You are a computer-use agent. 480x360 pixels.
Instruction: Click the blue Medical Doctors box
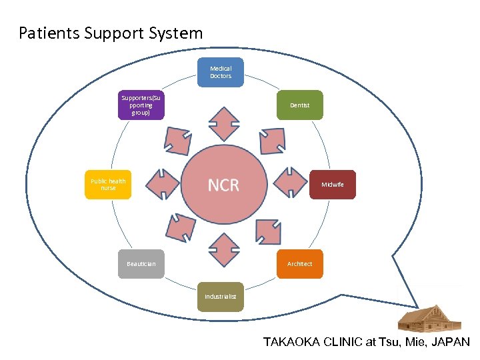(221, 72)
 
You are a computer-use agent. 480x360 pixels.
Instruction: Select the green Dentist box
(299, 105)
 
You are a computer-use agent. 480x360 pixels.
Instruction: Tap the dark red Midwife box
(333, 185)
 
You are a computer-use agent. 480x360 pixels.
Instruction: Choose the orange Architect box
(299, 263)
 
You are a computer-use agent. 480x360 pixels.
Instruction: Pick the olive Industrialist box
(220, 296)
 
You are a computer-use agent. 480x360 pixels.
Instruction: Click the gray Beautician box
(141, 264)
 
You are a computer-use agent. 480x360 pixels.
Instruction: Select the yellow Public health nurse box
(108, 185)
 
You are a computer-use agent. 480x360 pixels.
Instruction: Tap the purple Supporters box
(141, 105)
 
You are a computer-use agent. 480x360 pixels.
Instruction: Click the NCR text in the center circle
(223, 185)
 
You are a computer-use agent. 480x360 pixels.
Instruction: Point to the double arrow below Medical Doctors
(223, 124)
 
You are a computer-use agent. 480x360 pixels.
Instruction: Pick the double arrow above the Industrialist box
(223, 247)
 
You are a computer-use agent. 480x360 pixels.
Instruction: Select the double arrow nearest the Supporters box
(177, 141)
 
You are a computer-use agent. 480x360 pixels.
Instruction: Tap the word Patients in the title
(49, 33)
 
